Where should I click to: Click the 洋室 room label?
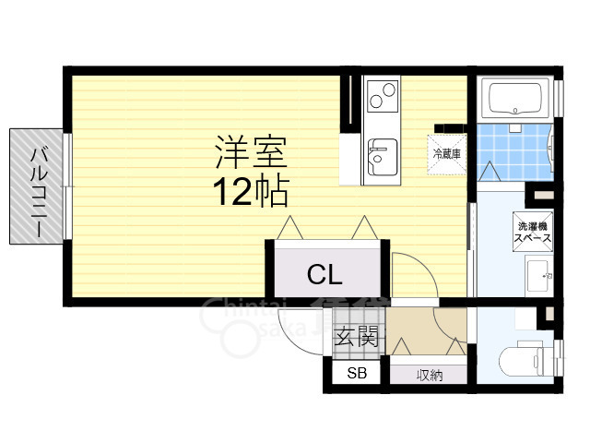251,152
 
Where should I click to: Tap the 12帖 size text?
251,192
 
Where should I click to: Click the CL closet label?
324,275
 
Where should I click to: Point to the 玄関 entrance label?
356,336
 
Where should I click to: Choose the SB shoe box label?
357,373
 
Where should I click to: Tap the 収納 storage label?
430,376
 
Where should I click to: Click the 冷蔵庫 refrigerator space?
447,154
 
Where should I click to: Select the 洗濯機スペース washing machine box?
533,232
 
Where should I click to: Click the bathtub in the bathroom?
515,99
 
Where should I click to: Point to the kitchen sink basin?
382,157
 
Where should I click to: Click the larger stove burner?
389,90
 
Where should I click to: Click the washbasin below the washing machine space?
538,276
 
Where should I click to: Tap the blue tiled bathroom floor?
514,152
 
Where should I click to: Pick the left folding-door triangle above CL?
289,228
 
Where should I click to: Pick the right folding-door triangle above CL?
364,228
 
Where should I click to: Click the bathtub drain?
515,111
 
